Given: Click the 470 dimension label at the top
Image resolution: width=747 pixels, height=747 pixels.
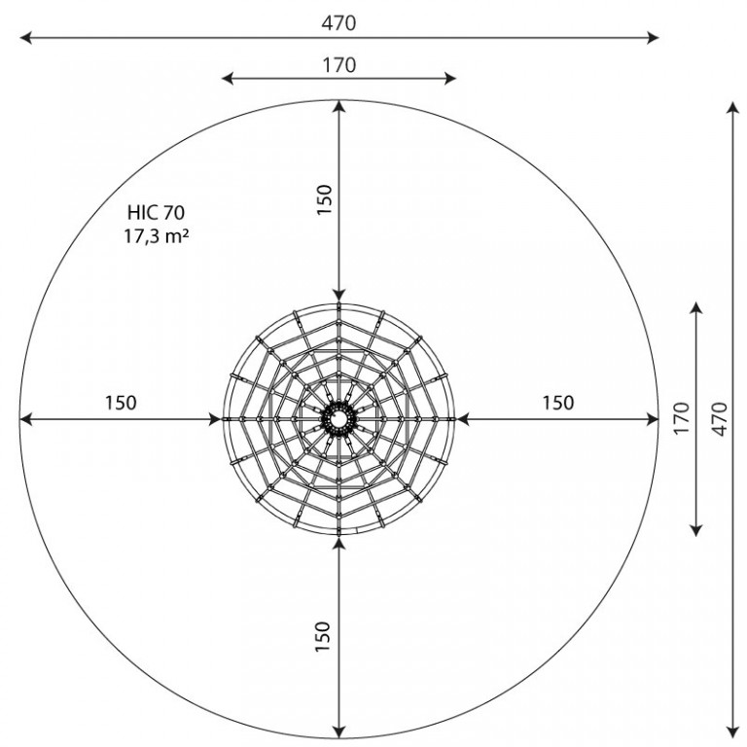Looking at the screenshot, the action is click(x=338, y=23).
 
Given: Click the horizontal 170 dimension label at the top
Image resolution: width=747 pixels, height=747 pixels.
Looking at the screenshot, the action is click(x=339, y=65).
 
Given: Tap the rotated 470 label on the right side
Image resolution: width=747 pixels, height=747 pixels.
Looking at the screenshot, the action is click(x=721, y=419).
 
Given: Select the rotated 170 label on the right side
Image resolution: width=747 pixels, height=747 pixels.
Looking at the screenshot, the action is click(x=682, y=418).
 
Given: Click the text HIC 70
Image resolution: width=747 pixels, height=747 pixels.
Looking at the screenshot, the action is click(x=156, y=212).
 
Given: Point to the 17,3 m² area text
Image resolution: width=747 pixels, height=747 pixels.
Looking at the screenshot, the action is click(x=157, y=235).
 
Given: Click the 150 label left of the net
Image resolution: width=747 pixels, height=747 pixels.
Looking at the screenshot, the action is click(x=121, y=403).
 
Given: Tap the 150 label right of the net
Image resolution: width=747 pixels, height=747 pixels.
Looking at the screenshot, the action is click(x=558, y=403).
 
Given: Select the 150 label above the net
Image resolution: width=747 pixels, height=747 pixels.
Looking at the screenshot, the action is click(x=324, y=199).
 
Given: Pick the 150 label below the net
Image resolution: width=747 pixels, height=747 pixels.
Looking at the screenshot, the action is click(x=323, y=636).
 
